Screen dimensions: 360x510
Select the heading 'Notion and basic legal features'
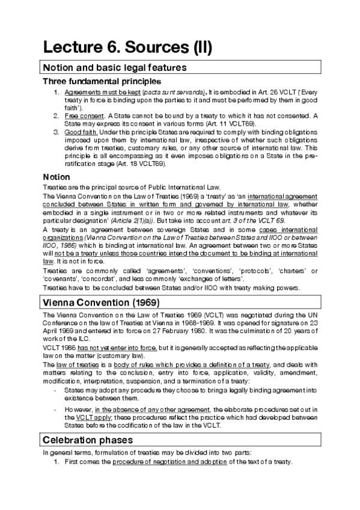click(x=114, y=67)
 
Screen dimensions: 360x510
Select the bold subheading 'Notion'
click(x=56, y=177)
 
